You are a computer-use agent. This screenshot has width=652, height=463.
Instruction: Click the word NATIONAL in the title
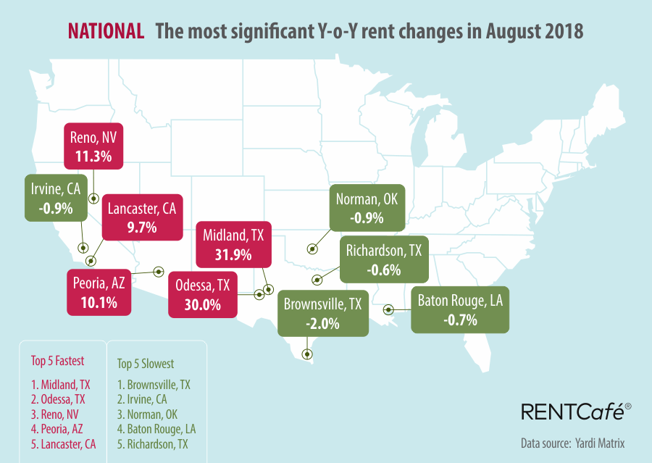point(105,31)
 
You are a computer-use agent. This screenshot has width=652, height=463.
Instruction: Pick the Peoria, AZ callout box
point(99,292)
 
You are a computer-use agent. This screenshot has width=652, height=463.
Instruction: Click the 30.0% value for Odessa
point(203,305)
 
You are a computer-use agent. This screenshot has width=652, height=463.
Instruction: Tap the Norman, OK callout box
point(365,207)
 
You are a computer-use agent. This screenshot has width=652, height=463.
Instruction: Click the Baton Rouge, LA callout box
point(459,309)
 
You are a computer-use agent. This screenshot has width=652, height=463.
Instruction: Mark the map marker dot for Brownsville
point(307,354)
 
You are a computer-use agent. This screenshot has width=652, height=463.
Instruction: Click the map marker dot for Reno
point(93,199)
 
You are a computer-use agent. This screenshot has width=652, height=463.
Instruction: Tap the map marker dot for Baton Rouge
point(389,309)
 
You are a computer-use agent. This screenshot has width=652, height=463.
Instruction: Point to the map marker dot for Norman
point(312,249)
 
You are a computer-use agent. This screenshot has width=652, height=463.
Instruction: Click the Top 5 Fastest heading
point(57,360)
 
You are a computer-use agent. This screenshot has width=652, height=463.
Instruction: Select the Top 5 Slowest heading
point(146,363)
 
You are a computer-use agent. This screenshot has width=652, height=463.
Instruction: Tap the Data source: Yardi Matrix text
point(572,443)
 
